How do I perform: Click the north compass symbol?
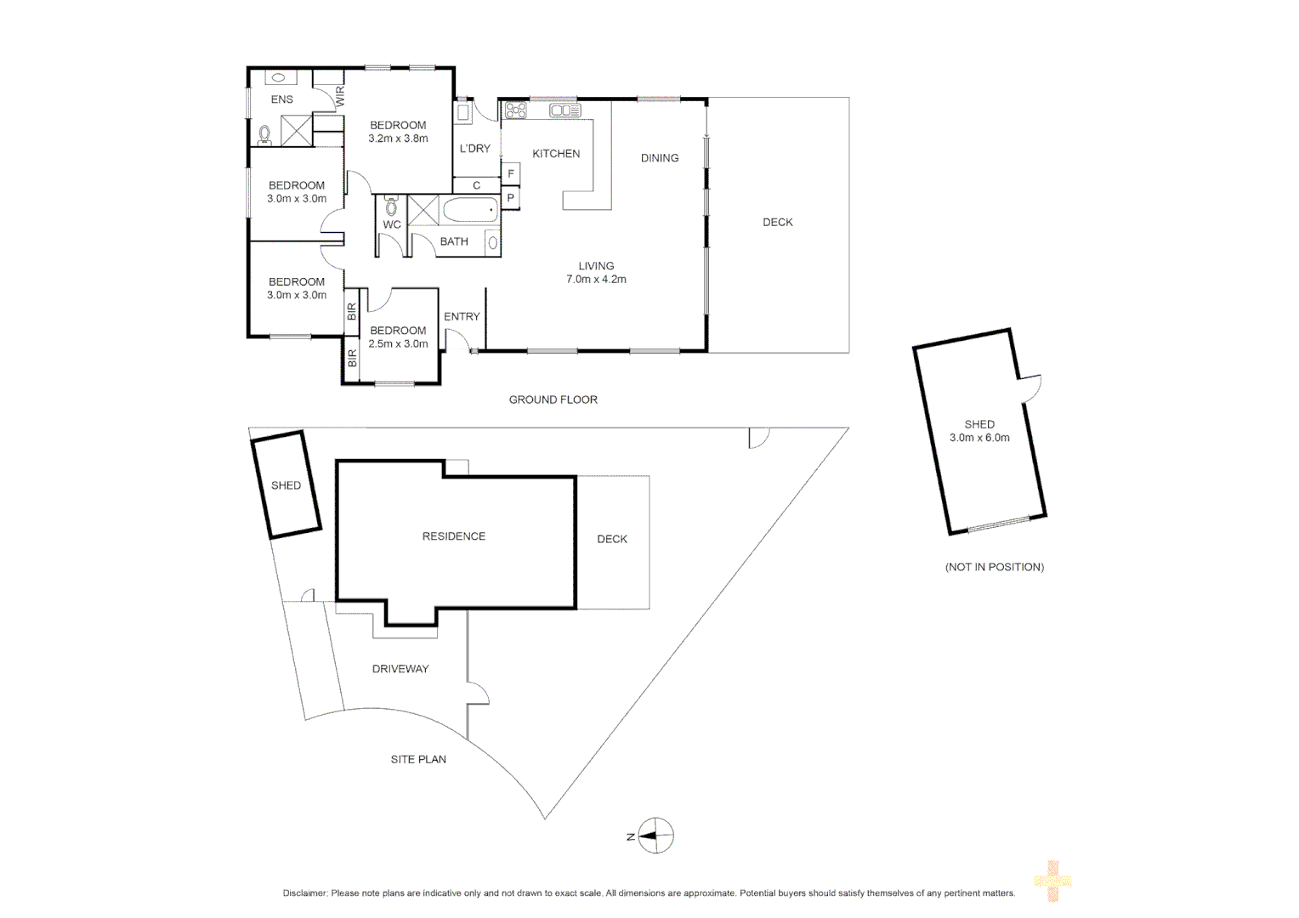(x=655, y=836)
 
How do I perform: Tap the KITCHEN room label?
(x=556, y=154)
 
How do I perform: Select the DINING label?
(x=660, y=158)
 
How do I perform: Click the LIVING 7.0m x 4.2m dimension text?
(x=596, y=279)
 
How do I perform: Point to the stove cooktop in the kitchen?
(x=515, y=110)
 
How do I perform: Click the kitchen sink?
(x=564, y=110)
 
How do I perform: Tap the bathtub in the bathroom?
(x=469, y=210)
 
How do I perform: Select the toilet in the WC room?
(x=391, y=206)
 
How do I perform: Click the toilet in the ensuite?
(x=264, y=134)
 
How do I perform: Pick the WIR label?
(x=340, y=96)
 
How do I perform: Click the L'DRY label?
(x=475, y=149)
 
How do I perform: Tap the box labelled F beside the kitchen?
(x=511, y=174)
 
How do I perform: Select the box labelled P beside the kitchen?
(x=511, y=199)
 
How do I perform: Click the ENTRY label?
(x=462, y=316)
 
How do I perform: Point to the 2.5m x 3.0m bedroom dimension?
(x=398, y=344)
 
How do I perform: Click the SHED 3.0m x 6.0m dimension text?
(x=979, y=438)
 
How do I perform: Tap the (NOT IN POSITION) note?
(x=995, y=567)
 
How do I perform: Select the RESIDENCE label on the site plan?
(x=454, y=536)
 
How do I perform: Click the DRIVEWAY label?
(x=400, y=669)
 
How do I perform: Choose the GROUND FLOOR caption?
(x=553, y=399)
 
